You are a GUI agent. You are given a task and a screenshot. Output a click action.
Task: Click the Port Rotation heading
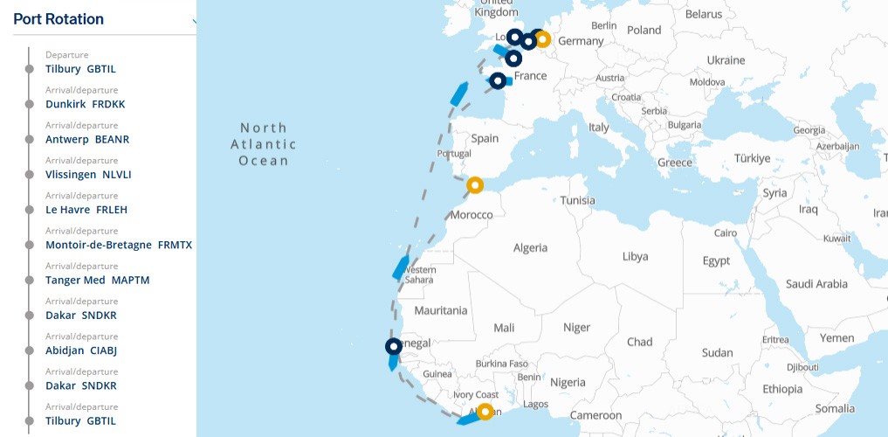click(59, 19)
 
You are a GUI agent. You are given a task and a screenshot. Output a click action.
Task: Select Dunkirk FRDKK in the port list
click(86, 104)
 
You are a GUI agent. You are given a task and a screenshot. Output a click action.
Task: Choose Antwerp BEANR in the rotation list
click(87, 139)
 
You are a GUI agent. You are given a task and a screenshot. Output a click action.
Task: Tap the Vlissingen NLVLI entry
click(88, 175)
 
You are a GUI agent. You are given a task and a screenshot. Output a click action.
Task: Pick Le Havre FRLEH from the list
click(86, 210)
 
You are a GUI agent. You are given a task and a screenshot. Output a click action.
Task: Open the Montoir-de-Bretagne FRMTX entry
click(118, 245)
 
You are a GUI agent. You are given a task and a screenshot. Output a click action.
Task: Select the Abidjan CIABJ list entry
click(81, 350)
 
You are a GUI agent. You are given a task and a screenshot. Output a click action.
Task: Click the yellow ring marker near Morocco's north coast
click(475, 185)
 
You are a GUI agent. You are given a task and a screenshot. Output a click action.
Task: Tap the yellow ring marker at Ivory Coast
click(485, 412)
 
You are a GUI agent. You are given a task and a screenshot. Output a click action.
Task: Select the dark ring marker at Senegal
click(393, 347)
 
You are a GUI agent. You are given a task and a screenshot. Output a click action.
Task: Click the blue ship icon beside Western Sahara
click(401, 267)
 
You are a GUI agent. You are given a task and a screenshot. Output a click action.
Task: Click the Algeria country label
click(530, 248)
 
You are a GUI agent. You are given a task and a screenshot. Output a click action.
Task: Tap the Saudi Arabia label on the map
click(816, 284)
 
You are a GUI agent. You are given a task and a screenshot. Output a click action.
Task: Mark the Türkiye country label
click(752, 159)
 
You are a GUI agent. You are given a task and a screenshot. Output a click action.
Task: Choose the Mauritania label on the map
click(441, 310)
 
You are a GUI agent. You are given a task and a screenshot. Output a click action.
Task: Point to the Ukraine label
click(726, 60)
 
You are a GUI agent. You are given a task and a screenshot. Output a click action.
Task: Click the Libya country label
click(635, 257)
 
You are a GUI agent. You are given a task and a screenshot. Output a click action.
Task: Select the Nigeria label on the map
click(568, 382)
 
